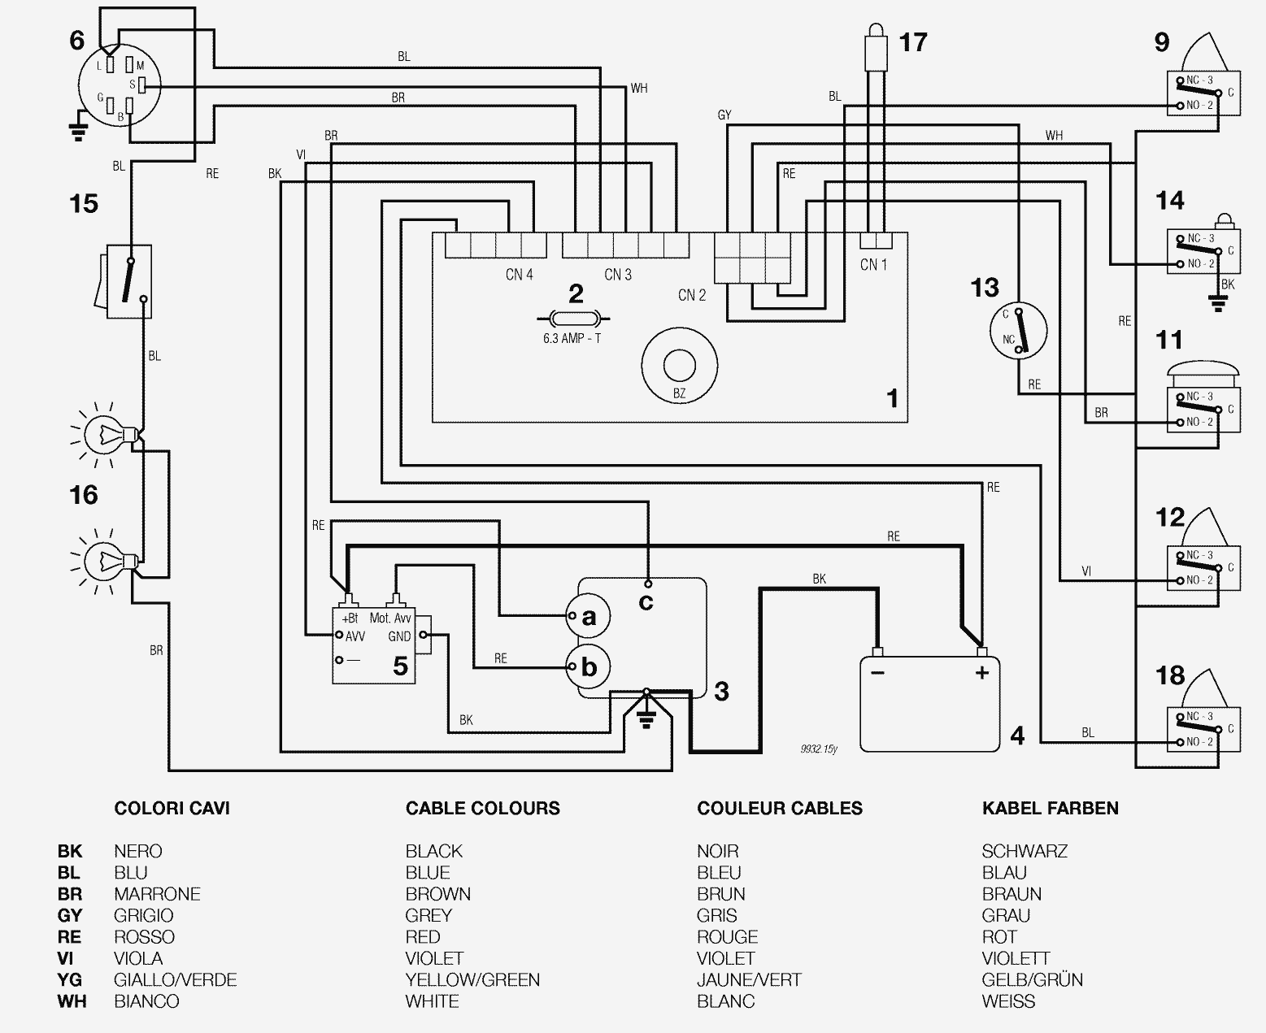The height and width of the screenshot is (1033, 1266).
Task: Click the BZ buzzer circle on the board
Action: coord(679,367)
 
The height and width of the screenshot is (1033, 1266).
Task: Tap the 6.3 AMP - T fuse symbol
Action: coord(573,319)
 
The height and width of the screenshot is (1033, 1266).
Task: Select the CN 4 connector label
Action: coord(519,275)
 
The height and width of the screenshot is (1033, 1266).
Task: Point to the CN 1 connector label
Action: coord(873,264)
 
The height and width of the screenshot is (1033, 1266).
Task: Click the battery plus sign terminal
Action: coord(981,672)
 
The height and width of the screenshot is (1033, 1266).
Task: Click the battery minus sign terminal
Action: coord(877,672)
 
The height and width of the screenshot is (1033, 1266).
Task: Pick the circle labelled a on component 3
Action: coord(587,617)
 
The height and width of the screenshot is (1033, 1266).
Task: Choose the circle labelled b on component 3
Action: coord(587,667)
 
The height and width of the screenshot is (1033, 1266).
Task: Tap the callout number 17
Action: coord(913,42)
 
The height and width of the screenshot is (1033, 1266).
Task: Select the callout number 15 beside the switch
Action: coord(84,203)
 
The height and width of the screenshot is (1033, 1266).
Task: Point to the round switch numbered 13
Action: coord(1017,332)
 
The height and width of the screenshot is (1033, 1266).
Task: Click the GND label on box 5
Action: coord(399,636)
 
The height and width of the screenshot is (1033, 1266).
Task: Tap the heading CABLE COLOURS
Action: coord(482,808)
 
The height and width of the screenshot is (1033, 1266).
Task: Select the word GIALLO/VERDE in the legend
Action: coord(175,979)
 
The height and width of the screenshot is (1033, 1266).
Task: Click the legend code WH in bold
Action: coord(72,1001)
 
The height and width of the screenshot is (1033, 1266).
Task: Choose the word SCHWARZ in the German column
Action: coord(1024,851)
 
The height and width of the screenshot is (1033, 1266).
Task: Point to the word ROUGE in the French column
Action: coord(727,937)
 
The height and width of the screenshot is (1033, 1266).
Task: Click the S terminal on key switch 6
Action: coord(140,85)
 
